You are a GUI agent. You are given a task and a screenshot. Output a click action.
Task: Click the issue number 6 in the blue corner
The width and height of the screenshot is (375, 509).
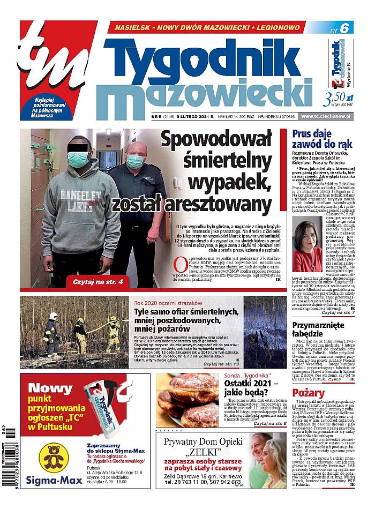[x=343, y=31]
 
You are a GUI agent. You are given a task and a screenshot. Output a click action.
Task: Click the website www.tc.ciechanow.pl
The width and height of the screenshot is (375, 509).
[x=329, y=116]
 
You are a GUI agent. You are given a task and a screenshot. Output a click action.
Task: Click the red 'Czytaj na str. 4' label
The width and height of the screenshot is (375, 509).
[x=94, y=281]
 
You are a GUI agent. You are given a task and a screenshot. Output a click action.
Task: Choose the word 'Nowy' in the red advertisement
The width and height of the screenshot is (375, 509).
[x=50, y=389]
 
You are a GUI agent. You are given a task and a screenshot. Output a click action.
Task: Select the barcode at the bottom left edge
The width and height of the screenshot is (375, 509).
[x=10, y=461]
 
